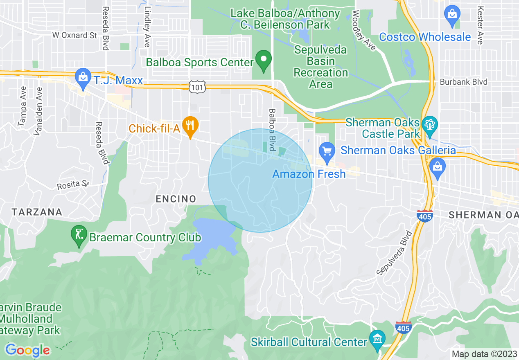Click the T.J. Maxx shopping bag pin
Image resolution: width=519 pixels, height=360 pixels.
pyautogui.click(x=83, y=77)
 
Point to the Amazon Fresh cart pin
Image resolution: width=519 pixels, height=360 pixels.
pyautogui.click(x=327, y=151)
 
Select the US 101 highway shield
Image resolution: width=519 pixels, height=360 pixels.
pyautogui.click(x=194, y=86)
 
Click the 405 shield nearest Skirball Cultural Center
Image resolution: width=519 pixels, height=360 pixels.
pyautogui.click(x=403, y=327)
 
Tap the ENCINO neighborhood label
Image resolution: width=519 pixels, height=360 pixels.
pyautogui.click(x=176, y=199)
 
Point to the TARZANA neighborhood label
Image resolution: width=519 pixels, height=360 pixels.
pyautogui.click(x=37, y=212)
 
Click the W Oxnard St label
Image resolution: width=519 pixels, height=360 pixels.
pyautogui.click(x=75, y=35)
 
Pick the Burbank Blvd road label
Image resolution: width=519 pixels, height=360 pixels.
pyautogui.click(x=464, y=82)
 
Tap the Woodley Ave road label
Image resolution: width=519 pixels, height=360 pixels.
pyautogui.click(x=363, y=30)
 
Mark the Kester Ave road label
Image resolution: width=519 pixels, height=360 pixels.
pyautogui.click(x=481, y=25)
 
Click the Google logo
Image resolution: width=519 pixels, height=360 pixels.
pyautogui.click(x=27, y=350)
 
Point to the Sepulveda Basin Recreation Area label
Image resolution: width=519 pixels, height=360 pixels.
pyautogui.click(x=321, y=67)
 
